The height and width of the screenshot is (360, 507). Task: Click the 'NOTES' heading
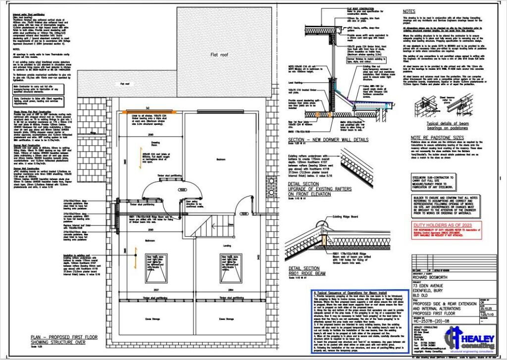click(x=409, y=11)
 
